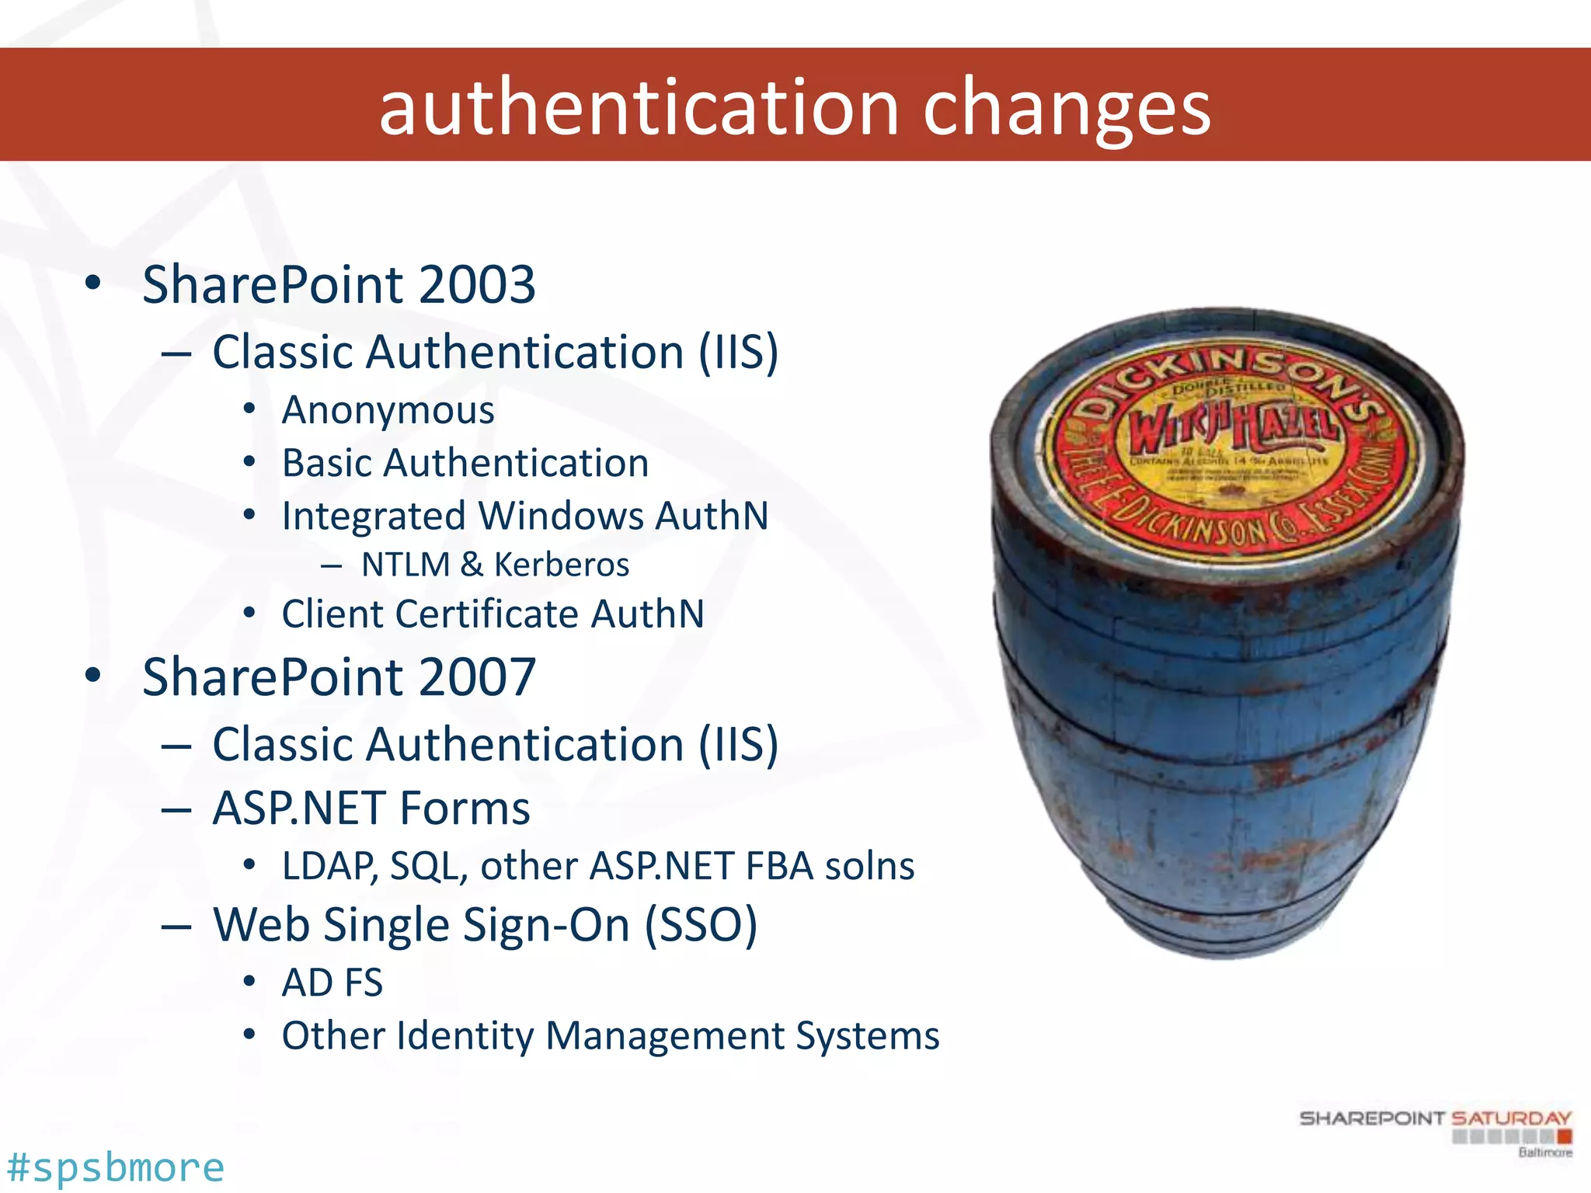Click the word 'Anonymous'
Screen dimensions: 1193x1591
click(x=388, y=411)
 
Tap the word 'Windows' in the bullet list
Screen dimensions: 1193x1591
click(x=560, y=516)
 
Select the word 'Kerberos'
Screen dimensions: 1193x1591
click(x=561, y=565)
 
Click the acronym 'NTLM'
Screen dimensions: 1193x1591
click(x=406, y=565)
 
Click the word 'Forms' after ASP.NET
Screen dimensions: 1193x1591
click(x=465, y=808)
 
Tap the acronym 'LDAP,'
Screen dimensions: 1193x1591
click(x=329, y=866)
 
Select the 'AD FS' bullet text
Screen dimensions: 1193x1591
click(x=332, y=983)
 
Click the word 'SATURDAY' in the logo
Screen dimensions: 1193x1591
click(x=1511, y=1118)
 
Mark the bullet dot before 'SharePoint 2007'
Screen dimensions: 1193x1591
click(x=93, y=675)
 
